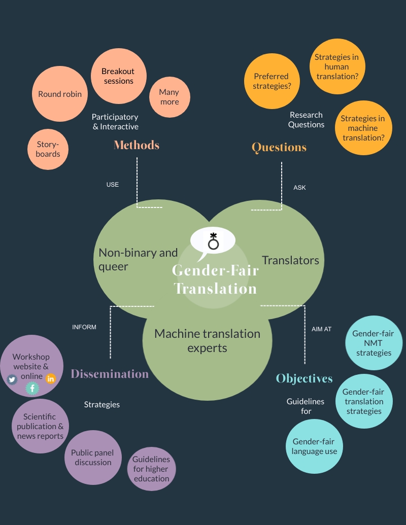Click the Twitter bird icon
coord(12,380)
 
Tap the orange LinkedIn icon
coord(51,379)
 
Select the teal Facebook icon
coord(32,389)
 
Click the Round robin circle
coord(59,94)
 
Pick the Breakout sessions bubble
coord(119,76)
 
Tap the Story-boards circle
coord(48,149)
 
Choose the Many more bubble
coord(170,97)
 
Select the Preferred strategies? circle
coord(272,81)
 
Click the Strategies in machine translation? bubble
coord(363,128)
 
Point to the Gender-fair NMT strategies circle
coord(374,343)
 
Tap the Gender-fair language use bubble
coord(314,446)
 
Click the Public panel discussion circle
coord(93,458)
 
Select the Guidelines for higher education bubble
coord(151,469)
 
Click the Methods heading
coord(137,145)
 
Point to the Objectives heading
coord(304,378)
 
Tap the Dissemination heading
coord(110,374)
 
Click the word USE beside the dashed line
coord(113,185)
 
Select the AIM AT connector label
coord(321,329)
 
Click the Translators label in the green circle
coord(290,260)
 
